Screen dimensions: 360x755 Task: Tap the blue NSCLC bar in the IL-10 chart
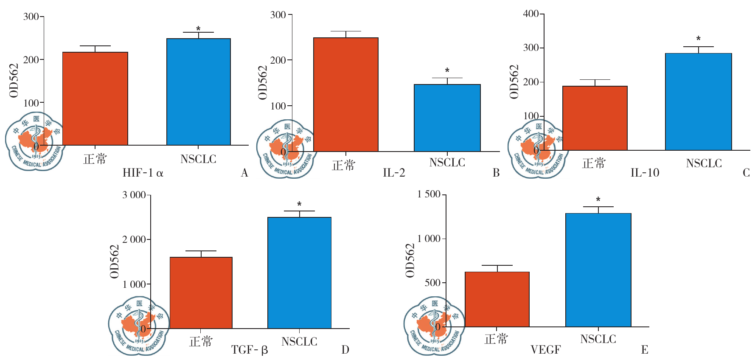tap(698, 101)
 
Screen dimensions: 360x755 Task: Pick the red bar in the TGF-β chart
tap(201, 292)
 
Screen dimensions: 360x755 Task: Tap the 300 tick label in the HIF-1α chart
tap(31, 17)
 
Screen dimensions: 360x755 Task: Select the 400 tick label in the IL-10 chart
tap(531, 14)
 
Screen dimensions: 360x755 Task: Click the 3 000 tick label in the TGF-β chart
tap(134, 195)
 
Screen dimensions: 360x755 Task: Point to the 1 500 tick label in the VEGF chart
tap(429, 194)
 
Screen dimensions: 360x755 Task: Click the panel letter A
tap(244, 173)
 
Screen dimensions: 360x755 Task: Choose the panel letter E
tap(644, 350)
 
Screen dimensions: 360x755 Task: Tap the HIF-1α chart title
tap(143, 173)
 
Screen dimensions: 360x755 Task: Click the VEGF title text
tap(546, 350)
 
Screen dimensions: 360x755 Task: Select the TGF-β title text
tap(250, 350)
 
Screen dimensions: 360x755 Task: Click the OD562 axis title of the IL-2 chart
tap(263, 82)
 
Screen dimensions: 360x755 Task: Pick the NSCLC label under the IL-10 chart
tap(704, 163)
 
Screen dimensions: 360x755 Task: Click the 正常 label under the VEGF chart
tap(496, 339)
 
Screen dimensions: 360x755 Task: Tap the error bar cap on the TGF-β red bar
tap(201, 251)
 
